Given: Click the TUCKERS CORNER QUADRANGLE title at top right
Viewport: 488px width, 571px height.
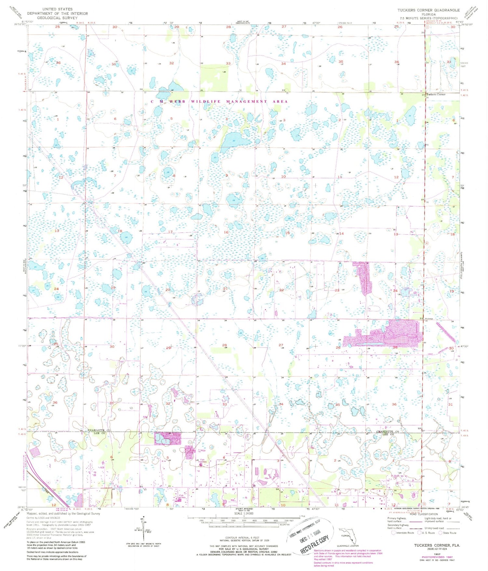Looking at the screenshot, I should pos(428,10).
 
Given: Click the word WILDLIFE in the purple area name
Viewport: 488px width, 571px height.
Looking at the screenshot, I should pos(206,102).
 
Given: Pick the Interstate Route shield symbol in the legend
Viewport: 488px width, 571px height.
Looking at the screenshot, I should pos(393,533).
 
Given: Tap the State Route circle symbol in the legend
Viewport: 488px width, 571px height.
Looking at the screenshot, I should pos(441,533).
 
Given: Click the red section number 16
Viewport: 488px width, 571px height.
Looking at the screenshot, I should pos(226,232).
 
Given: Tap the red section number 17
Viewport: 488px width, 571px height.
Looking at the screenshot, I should pos(170,232).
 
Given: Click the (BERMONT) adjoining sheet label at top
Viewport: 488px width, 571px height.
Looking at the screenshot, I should pos(243,23).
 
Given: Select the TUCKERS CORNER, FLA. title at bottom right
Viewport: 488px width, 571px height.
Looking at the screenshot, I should pos(437,545).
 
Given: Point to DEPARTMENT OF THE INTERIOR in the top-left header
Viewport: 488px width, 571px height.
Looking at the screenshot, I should pos(57,13).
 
